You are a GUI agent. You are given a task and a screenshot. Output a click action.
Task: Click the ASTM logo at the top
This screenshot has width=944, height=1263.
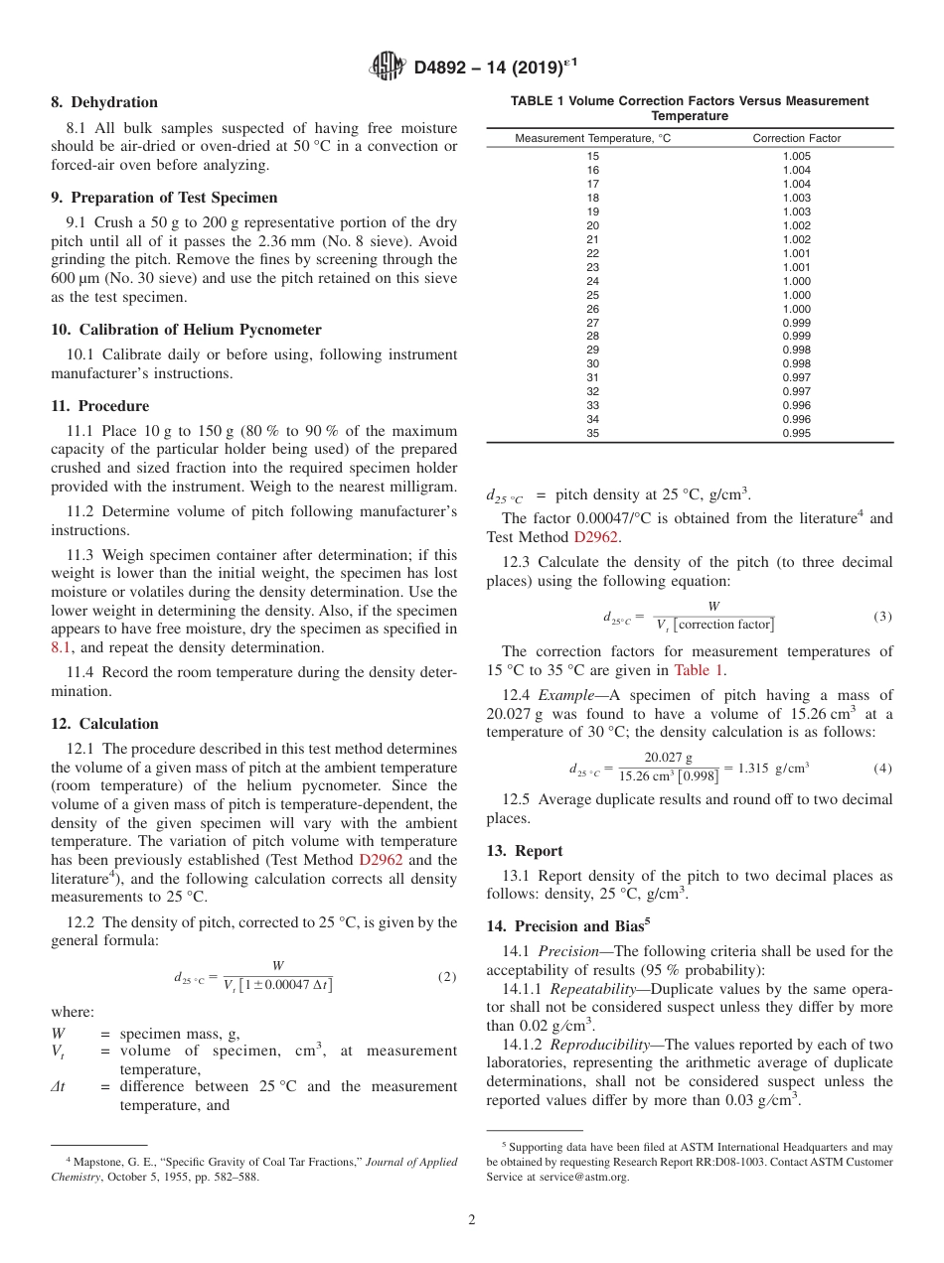(x=387, y=67)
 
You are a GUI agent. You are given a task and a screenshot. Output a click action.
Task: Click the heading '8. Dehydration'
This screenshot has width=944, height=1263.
(x=104, y=102)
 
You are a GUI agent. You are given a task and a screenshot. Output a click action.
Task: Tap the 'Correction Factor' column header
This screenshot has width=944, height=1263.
(x=796, y=138)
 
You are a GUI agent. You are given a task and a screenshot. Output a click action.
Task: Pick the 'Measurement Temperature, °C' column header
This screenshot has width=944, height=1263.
(x=592, y=138)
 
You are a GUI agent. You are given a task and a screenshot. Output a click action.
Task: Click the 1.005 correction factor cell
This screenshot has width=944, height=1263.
(x=796, y=157)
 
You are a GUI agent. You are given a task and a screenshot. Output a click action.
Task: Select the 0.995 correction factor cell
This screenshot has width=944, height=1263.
(x=796, y=433)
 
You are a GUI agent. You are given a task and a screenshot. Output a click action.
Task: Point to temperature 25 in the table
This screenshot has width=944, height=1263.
(x=593, y=295)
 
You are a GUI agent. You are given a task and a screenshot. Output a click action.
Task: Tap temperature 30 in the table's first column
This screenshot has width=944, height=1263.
(x=593, y=363)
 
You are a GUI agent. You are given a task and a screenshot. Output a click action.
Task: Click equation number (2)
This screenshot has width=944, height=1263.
(x=447, y=976)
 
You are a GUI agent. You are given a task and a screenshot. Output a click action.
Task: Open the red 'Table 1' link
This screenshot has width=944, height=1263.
(x=700, y=670)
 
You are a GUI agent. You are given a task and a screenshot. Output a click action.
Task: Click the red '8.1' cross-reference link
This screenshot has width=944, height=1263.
(x=62, y=646)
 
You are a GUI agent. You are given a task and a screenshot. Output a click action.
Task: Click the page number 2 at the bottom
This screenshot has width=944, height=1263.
(x=472, y=1220)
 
